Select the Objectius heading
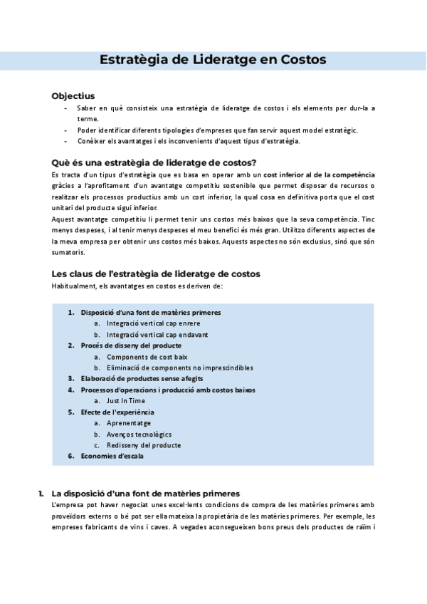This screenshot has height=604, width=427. (x=73, y=96)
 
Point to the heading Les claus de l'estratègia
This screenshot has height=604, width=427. (x=156, y=274)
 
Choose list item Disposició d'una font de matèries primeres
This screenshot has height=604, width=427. (x=151, y=312)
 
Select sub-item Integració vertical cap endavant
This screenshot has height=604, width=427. (x=157, y=334)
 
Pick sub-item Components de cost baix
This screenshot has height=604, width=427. (x=147, y=356)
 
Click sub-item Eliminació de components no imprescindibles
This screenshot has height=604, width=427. (x=179, y=368)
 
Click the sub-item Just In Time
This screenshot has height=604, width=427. (x=125, y=400)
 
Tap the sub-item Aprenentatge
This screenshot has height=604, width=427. (x=129, y=423)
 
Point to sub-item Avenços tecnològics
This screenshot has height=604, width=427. (x=139, y=434)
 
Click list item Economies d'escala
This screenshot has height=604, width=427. (x=112, y=456)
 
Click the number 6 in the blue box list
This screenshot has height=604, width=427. (x=70, y=456)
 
